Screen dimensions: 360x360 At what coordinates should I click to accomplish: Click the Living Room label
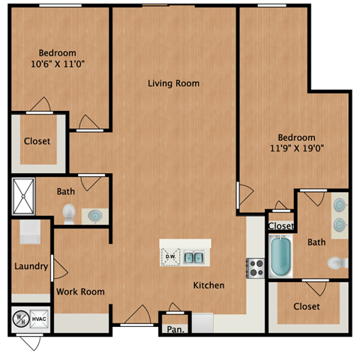pos(173,83)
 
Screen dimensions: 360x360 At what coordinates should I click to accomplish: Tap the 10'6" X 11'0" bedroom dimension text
pos(57,64)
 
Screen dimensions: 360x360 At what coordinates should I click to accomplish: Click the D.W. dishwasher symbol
pos(171,257)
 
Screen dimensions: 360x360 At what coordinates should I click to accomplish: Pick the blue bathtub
pos(281,256)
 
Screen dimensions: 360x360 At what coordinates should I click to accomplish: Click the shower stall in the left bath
pos(23,196)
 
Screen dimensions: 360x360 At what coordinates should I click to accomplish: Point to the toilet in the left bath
pos(69,213)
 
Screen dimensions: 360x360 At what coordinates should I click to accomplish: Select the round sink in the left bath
pos(95,215)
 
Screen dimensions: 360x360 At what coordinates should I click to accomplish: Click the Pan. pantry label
pos(175,328)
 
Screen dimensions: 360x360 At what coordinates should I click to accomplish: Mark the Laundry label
pos(31,266)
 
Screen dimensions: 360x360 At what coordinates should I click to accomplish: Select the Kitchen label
pos(208,285)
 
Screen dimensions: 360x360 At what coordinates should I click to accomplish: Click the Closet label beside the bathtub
pos(280,226)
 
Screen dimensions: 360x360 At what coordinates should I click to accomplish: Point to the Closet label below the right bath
pos(306,306)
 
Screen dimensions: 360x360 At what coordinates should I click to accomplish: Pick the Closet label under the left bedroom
pos(37,141)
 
